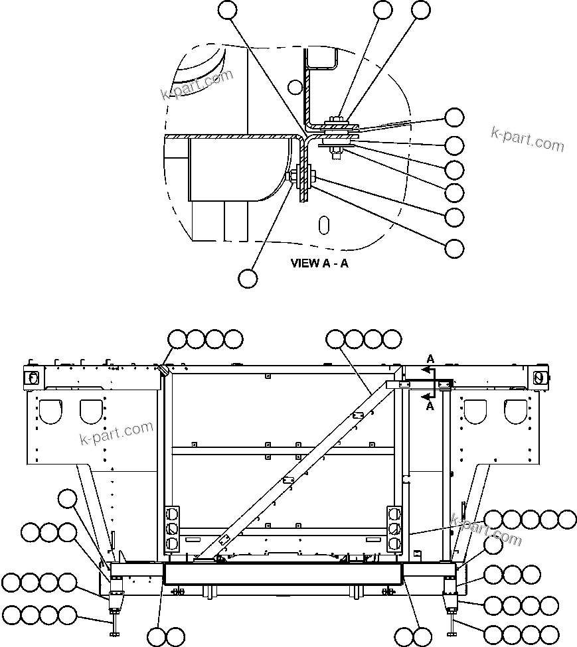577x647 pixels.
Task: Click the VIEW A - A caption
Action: tap(319, 263)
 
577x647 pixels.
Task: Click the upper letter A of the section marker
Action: tap(430, 359)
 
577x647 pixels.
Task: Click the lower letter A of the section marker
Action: tap(430, 406)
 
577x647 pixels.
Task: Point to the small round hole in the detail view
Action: tap(295, 86)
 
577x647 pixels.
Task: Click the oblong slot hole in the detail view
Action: tap(323, 224)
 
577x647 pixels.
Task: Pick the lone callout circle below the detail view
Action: tap(248, 278)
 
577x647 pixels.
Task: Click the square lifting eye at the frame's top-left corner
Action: tap(31, 377)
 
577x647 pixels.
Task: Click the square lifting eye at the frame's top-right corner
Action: tap(538, 377)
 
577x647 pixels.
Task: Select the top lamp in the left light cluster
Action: tap(172, 514)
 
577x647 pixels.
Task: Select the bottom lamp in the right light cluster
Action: tap(393, 543)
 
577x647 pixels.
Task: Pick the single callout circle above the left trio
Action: tap(67, 498)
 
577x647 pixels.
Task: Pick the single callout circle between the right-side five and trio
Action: tap(492, 545)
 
